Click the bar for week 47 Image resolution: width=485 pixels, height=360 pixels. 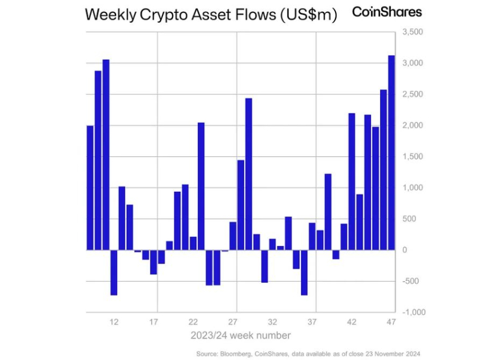[391, 152]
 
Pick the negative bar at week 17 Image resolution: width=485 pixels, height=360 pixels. [153, 262]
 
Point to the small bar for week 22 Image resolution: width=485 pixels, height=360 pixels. [193, 243]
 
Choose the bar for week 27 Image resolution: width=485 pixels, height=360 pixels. [232, 235]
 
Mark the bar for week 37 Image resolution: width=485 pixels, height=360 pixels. [312, 236]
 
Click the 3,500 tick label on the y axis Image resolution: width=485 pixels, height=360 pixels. [412, 32]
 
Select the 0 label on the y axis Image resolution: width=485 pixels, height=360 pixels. [403, 250]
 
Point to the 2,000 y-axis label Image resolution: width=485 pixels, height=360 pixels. [412, 125]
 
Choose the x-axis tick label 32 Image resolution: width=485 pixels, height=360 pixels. [272, 322]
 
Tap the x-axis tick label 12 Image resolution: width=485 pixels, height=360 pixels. [114, 322]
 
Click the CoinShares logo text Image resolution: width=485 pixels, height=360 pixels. [386, 12]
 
